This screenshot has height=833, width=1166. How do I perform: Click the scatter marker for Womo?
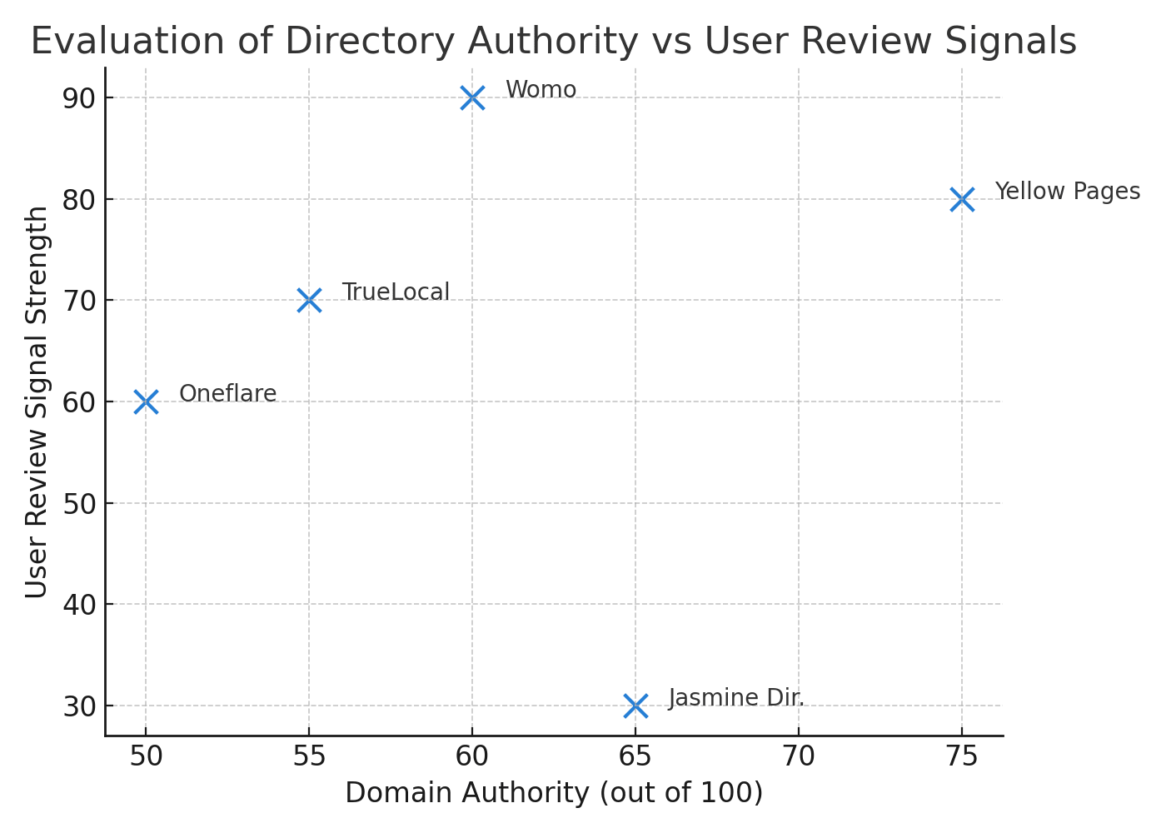(x=472, y=98)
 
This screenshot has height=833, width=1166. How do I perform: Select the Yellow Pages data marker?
(x=962, y=200)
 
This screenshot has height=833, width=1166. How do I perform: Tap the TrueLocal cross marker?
(x=309, y=301)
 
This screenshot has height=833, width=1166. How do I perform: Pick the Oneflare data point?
(x=146, y=402)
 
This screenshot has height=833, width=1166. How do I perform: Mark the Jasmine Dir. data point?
(x=635, y=706)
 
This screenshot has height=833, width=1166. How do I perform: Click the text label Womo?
(x=541, y=90)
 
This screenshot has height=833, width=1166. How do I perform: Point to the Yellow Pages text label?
(x=1067, y=192)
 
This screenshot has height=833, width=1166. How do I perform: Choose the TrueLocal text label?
(x=396, y=292)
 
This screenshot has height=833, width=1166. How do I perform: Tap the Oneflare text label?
(x=227, y=394)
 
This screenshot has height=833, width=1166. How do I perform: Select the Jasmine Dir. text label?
(x=736, y=698)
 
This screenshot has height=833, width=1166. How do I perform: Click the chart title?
(x=553, y=42)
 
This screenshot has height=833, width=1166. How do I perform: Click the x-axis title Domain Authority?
(x=554, y=793)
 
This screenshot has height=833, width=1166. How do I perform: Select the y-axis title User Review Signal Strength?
(x=37, y=402)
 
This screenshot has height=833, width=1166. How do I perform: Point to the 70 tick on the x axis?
(x=799, y=757)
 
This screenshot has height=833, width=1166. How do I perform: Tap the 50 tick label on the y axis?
(x=80, y=503)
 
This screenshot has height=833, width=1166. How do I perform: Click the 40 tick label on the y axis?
(x=80, y=605)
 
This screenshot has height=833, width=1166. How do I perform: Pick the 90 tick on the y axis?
(x=80, y=98)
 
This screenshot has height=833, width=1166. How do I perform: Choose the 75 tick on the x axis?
(x=962, y=757)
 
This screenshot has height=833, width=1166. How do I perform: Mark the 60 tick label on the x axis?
(x=472, y=757)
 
